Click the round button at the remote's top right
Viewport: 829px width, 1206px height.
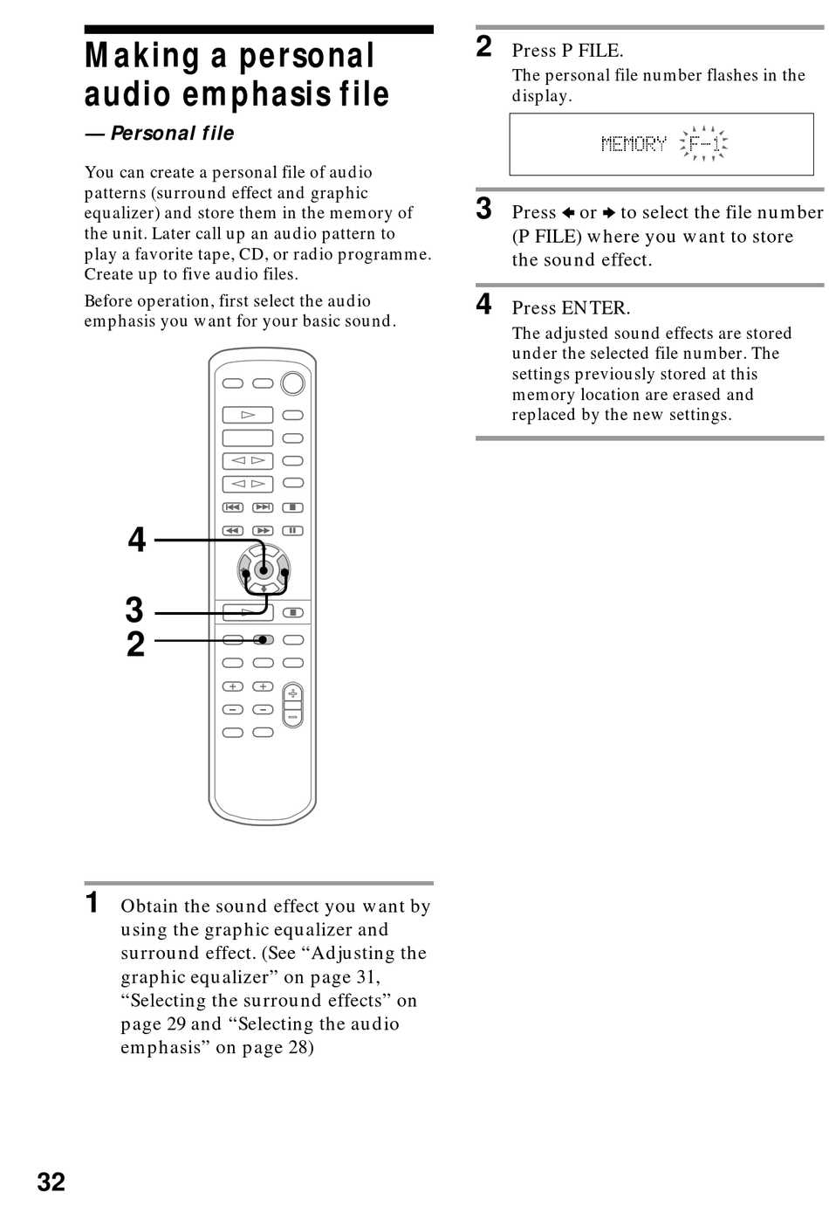tap(293, 382)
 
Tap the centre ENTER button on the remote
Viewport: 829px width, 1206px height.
tap(264, 570)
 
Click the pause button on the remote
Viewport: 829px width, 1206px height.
tap(293, 530)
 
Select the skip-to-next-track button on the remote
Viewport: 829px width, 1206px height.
tap(263, 507)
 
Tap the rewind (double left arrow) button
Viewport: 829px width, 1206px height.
tap(233, 530)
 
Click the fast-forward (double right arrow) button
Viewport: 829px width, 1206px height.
tap(263, 530)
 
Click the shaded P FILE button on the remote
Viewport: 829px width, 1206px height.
tap(263, 640)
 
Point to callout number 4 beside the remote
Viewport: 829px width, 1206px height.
tap(137, 540)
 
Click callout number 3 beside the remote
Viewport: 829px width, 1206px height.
tap(134, 610)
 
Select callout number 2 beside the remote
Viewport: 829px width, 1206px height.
tap(135, 644)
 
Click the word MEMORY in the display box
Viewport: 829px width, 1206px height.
tap(634, 144)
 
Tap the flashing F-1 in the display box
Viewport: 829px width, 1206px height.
tap(704, 144)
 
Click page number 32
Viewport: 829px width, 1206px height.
tap(51, 1182)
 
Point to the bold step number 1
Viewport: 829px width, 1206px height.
tap(92, 903)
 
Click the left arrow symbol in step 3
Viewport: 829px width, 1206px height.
tap(568, 213)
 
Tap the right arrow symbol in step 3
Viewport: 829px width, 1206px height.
tap(609, 213)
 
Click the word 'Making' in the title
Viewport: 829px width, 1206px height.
tap(142, 56)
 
